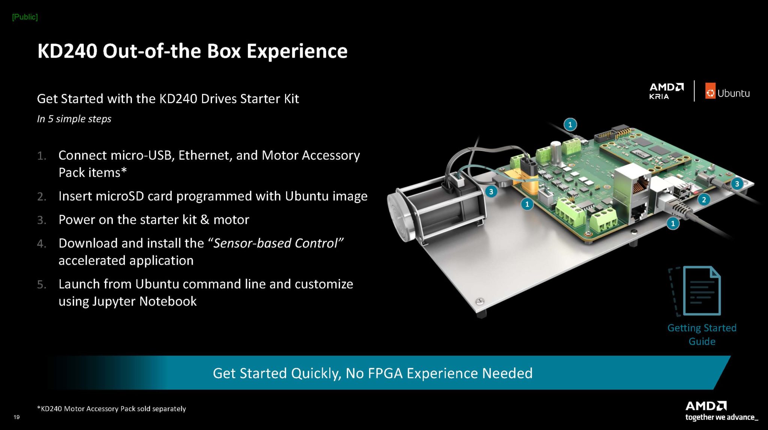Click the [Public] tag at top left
point(25,17)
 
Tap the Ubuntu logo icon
point(710,91)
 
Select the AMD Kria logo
point(666,91)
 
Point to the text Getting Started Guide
point(702,334)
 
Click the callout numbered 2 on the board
point(703,199)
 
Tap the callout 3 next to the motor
point(491,192)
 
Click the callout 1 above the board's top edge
point(570,124)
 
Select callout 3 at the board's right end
point(737,184)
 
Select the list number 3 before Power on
point(42,220)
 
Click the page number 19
point(16,417)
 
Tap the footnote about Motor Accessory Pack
point(111,409)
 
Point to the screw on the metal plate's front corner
point(479,301)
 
